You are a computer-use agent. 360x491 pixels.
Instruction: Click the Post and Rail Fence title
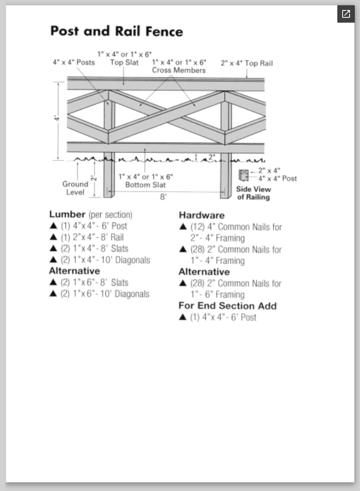pyautogui.click(x=117, y=31)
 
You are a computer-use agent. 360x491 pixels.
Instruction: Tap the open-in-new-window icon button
pyautogui.click(x=346, y=14)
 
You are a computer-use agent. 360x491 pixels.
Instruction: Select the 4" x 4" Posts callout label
pyautogui.click(x=74, y=63)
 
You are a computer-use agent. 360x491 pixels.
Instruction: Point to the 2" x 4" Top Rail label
pyautogui.click(x=246, y=63)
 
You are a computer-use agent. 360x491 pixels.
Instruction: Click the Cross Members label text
pyautogui.click(x=179, y=70)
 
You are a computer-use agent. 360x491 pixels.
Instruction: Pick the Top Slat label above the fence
pyautogui.click(x=124, y=63)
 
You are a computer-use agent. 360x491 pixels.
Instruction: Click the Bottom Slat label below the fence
pyautogui.click(x=146, y=185)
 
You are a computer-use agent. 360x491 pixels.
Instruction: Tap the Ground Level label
pyautogui.click(x=75, y=188)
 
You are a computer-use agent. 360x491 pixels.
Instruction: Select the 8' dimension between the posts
pyautogui.click(x=163, y=196)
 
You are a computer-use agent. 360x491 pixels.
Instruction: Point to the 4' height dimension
pyautogui.click(x=57, y=118)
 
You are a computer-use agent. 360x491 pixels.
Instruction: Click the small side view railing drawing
pyautogui.click(x=243, y=176)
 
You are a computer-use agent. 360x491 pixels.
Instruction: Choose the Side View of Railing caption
pyautogui.click(x=254, y=193)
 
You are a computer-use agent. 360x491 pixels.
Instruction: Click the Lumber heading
pyautogui.click(x=67, y=214)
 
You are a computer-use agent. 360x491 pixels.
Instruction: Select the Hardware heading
pyautogui.click(x=202, y=215)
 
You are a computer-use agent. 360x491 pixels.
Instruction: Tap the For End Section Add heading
pyautogui.click(x=227, y=306)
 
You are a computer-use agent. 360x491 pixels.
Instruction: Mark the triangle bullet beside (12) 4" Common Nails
pyautogui.click(x=183, y=226)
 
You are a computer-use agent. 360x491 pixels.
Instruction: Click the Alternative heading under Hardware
pyautogui.click(x=204, y=271)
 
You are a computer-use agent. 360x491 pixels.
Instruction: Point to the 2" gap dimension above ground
pyautogui.click(x=212, y=157)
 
